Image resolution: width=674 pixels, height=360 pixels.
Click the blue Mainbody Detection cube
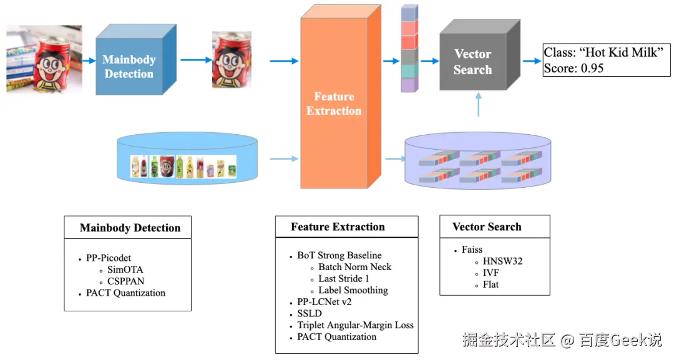point(135,60)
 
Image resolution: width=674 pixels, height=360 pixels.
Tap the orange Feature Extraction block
point(341,97)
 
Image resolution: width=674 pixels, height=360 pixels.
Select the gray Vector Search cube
point(479,55)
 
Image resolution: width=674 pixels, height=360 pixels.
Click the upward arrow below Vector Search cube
point(479,104)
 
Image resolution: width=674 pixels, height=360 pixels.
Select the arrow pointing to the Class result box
point(532,61)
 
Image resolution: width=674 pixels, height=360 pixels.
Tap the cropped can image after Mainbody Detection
point(232,59)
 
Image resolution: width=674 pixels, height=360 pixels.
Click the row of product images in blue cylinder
point(183,167)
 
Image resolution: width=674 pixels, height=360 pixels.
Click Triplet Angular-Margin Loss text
point(356,325)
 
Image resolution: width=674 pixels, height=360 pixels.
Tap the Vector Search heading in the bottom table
point(487,227)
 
